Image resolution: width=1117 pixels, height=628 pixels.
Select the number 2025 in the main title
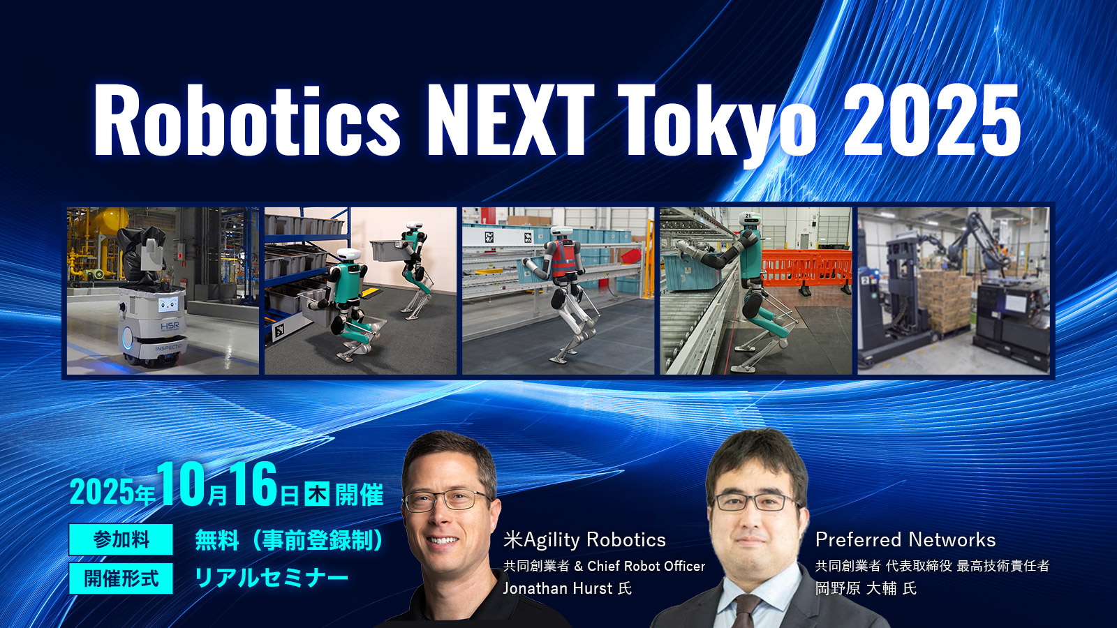[x=932, y=120]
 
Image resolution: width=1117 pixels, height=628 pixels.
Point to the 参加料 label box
[x=121, y=539]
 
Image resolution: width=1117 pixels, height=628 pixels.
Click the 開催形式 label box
[x=121, y=578]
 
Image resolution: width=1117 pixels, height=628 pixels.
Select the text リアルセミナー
[x=271, y=578]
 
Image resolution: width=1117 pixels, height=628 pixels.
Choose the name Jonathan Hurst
[x=557, y=588]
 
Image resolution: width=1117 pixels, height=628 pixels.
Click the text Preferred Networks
[x=905, y=539]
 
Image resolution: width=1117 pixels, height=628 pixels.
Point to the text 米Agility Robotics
[x=584, y=539]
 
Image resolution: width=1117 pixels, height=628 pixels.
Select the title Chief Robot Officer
[x=646, y=566]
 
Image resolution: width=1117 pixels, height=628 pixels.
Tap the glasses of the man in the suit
[x=755, y=501]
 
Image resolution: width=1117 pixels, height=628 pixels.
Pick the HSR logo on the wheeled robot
[x=170, y=326]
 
